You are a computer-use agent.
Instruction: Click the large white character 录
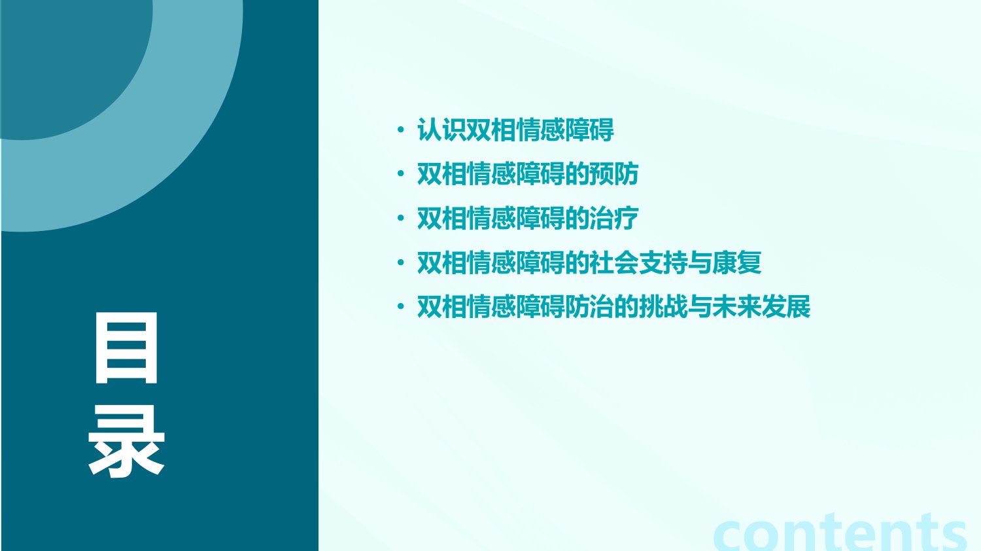coord(126,440)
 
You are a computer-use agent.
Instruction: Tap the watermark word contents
coord(840,533)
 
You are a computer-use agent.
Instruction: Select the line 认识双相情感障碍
coord(515,130)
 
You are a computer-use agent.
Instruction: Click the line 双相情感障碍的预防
coord(528,174)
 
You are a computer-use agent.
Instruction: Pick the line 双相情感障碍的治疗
coord(528,219)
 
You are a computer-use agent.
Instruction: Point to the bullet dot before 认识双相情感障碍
coord(400,130)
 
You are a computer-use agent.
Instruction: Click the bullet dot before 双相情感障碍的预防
coord(400,174)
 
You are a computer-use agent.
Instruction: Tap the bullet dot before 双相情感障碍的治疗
coord(400,219)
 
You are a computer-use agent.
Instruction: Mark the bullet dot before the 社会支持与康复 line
coord(400,262)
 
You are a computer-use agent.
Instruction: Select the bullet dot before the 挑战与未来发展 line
coord(400,306)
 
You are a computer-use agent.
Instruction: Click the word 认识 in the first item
coord(441,130)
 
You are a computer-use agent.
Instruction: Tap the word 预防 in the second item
coord(614,174)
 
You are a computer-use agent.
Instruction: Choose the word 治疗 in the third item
coord(614,219)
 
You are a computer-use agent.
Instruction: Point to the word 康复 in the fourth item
coord(737,262)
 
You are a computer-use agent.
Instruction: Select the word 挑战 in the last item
coord(663,306)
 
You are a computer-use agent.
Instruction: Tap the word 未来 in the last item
coord(737,306)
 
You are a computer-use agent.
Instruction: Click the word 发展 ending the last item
coord(786,306)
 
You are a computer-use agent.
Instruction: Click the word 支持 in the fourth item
coord(663,262)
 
